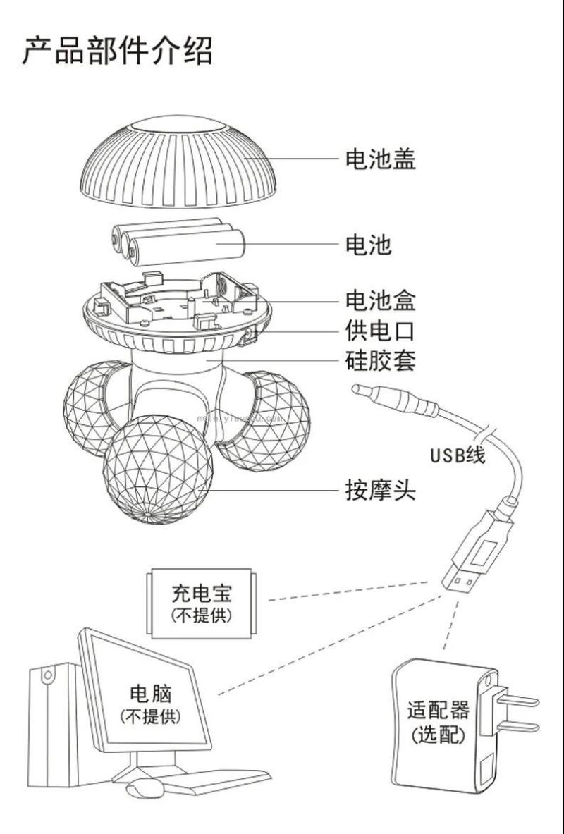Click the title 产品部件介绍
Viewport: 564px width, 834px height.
117,51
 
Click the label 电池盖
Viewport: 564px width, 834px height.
380,159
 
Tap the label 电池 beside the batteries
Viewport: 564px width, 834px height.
367,245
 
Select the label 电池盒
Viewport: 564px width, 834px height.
380,301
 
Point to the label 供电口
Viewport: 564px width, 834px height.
380,331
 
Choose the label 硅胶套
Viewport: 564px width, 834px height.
380,361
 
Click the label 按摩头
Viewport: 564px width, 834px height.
380,490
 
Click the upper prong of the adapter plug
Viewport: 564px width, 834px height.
518,700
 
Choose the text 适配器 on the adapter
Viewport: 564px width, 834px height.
438,709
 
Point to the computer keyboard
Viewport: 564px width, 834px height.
211,780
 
